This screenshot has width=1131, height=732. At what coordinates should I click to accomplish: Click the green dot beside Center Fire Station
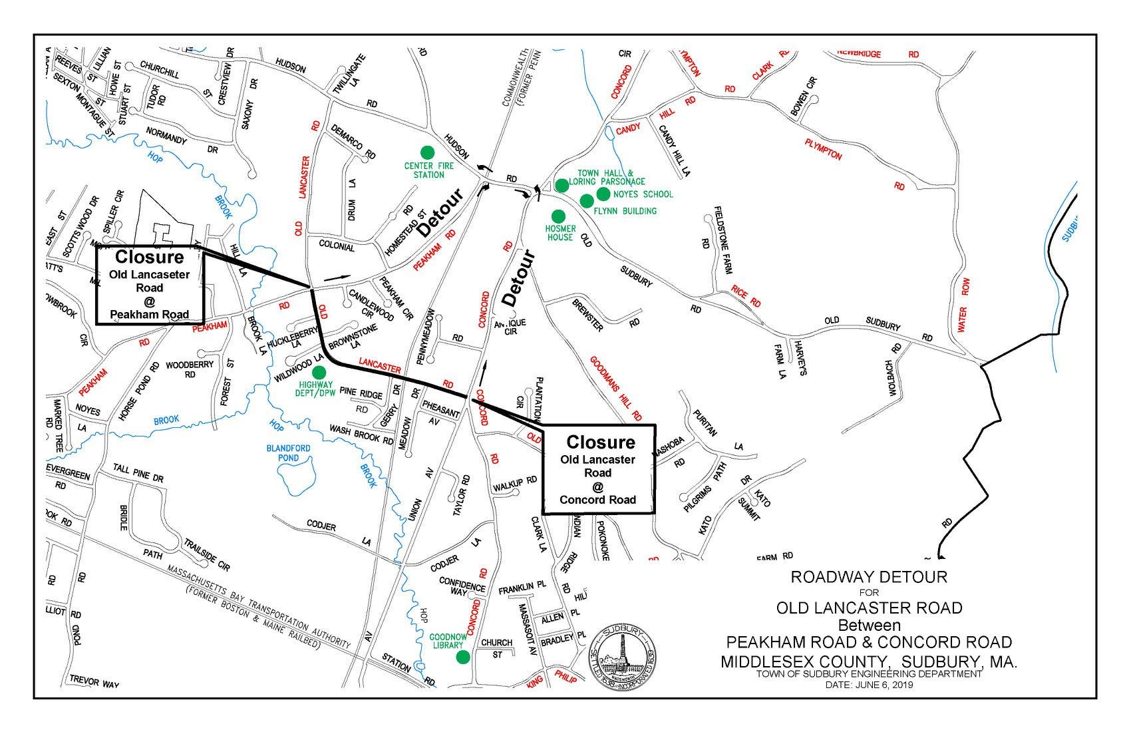426,152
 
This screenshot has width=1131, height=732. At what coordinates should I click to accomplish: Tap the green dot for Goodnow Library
462,657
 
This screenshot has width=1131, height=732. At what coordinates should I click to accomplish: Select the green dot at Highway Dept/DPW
319,372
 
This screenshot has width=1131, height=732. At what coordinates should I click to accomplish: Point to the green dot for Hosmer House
558,216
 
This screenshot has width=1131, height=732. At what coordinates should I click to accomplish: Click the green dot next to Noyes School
603,194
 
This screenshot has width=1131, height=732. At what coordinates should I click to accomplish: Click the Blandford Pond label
288,453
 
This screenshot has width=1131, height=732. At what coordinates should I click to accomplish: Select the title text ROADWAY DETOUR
868,577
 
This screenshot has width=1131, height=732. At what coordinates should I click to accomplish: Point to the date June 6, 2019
869,684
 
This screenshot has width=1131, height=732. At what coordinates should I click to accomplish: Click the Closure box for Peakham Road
150,286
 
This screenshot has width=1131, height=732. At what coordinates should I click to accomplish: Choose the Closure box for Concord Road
599,470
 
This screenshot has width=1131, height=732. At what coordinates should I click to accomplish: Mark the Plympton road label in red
823,149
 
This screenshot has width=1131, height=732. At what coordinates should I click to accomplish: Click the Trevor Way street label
93,681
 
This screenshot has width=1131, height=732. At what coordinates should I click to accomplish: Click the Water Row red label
964,305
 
